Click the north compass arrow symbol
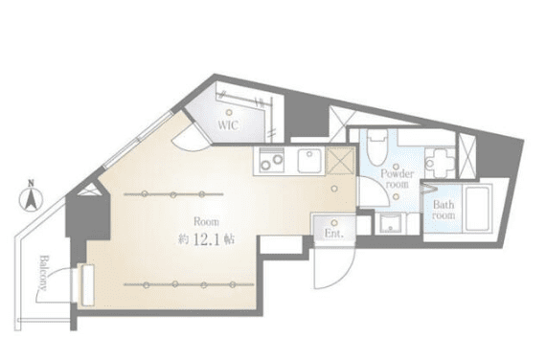(31, 201)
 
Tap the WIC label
(228, 124)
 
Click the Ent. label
(333, 231)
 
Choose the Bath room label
(444, 211)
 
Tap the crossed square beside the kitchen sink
(339, 160)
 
